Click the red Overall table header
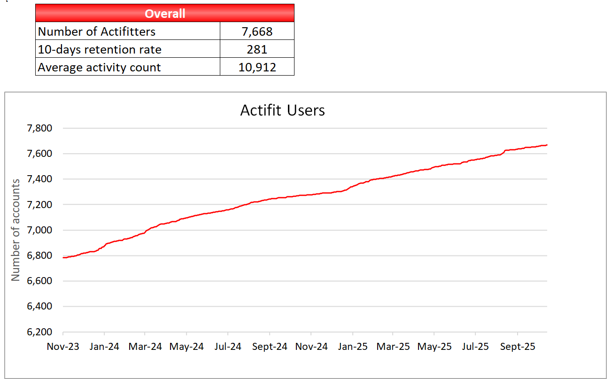point(165,13)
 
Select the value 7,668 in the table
point(257,31)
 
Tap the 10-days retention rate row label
point(99,49)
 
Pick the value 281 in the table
point(257,49)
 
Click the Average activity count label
point(99,67)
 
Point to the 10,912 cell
point(257,67)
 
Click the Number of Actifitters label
point(96,31)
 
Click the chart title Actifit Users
point(282,110)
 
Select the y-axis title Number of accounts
point(16,230)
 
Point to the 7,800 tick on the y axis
point(39,128)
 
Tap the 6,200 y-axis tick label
point(39,332)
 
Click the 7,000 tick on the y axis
point(39,230)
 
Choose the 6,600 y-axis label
point(39,281)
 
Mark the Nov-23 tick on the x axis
point(63,347)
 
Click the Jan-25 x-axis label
point(352,347)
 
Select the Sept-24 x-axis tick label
point(270,347)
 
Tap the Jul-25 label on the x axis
point(475,347)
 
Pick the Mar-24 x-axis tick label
point(146,347)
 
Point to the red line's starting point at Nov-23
point(63,257)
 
